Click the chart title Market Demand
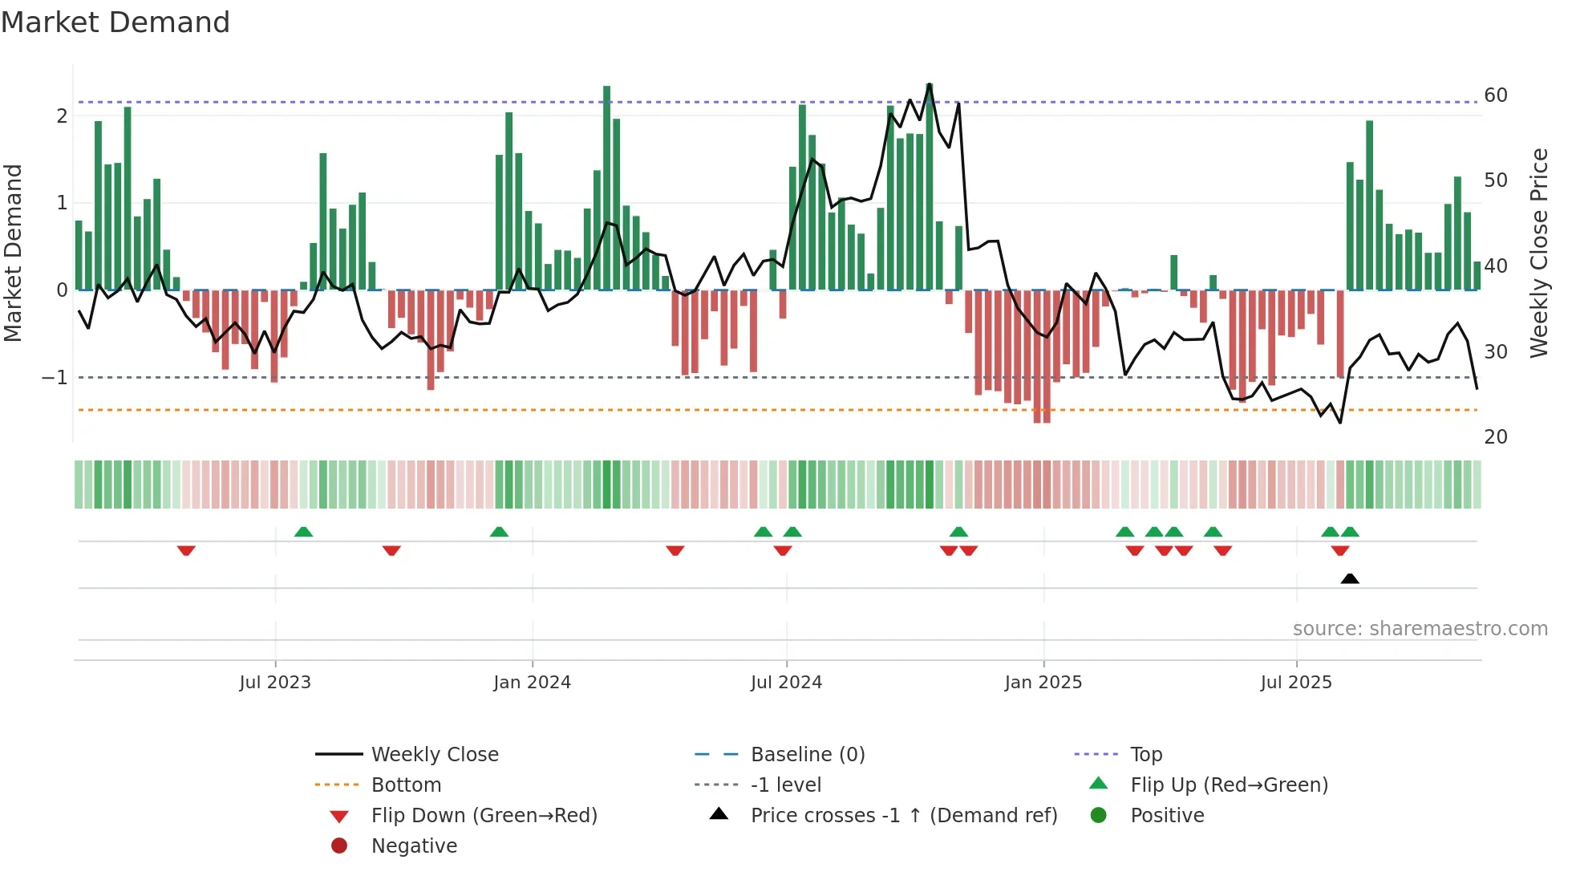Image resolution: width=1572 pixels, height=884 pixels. coord(115,22)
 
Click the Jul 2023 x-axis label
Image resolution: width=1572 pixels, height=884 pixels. coord(275,683)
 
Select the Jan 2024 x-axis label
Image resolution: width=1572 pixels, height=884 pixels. coord(532,683)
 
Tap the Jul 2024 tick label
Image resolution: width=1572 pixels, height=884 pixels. coord(786,683)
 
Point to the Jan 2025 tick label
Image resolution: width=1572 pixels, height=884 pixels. coord(1043,683)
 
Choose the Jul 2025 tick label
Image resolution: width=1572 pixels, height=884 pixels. coord(1296,683)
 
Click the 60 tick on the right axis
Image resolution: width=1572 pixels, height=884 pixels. coord(1496,95)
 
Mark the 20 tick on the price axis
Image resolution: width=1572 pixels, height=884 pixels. coord(1496,437)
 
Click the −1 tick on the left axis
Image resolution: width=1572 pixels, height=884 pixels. coord(55,377)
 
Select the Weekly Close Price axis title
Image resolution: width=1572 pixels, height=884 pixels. coord(1539,253)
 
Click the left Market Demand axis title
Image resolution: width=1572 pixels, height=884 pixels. coord(13,253)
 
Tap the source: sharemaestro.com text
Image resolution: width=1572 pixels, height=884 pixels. coord(1420,629)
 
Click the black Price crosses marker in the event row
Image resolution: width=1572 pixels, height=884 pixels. coord(1350,578)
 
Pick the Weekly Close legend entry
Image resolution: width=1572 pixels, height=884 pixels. coord(435,755)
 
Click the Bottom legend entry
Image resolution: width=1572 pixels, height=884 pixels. coord(406,785)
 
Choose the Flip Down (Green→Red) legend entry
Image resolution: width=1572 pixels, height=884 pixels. coord(484,816)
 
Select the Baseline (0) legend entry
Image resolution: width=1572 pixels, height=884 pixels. coord(808,755)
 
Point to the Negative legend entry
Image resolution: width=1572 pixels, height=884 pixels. coord(414,846)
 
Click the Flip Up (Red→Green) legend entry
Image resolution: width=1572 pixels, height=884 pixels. coord(1229,785)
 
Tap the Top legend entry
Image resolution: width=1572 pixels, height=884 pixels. coord(1146,755)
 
